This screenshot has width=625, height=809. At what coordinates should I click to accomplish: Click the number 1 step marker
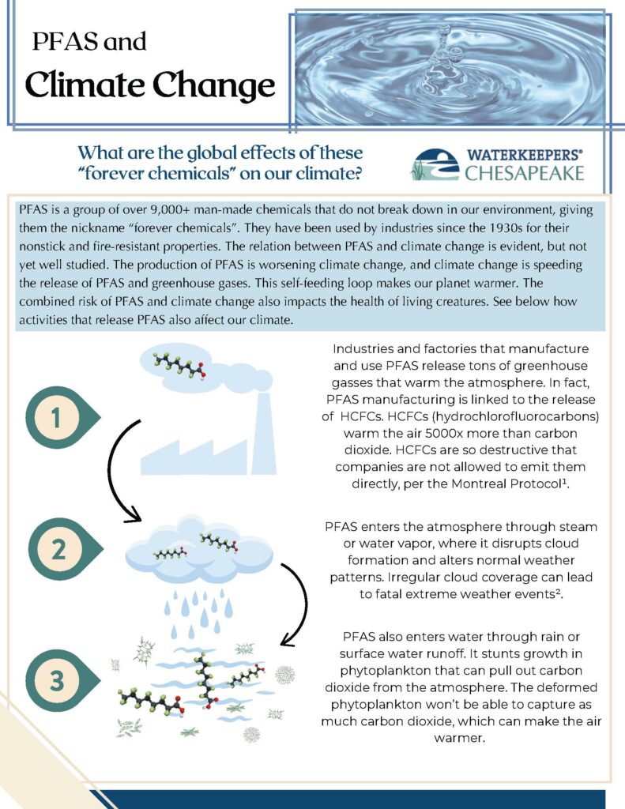click(x=56, y=419)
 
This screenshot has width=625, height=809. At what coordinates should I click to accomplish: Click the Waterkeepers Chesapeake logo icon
click(x=435, y=164)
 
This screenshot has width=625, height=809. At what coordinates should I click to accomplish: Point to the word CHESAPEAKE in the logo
click(x=524, y=173)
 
